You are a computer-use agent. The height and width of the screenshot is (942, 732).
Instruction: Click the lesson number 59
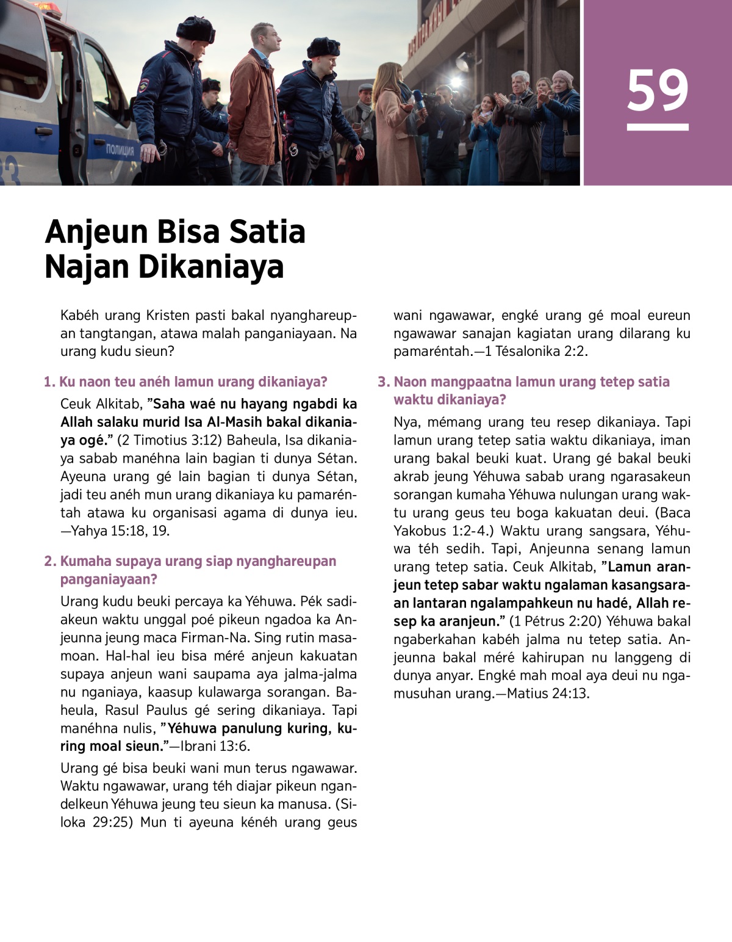pyautogui.click(x=657, y=91)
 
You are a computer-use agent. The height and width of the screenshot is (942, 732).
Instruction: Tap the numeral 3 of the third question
pyautogui.click(x=382, y=382)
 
